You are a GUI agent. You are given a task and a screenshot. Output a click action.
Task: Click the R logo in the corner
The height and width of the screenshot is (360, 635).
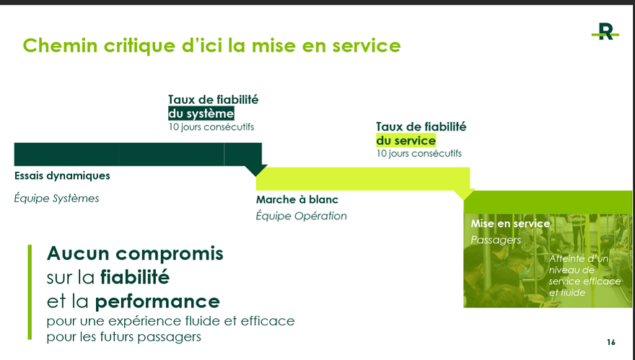coord(605,32)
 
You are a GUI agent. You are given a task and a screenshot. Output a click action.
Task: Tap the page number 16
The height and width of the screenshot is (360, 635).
coord(611,342)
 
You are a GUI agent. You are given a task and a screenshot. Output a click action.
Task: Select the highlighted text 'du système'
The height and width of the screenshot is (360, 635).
coord(201,113)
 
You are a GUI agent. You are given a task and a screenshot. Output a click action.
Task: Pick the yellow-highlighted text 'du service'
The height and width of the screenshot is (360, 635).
coord(406,141)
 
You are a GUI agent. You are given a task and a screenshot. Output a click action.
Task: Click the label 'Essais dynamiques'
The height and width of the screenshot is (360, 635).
coord(62,176)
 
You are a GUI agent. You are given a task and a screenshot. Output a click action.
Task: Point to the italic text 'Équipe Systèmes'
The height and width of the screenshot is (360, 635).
coord(57,198)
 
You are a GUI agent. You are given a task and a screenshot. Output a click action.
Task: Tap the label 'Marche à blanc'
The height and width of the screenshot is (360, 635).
coord(297,200)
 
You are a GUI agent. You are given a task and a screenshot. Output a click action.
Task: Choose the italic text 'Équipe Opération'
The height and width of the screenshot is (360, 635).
coord(302,216)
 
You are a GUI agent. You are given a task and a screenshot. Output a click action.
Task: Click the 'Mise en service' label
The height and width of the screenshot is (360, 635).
coord(510,224)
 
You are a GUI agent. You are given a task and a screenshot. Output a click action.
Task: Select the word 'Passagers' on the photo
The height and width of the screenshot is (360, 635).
coord(496,240)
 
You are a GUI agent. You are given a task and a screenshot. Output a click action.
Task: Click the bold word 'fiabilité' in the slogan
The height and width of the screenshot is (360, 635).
coord(135,277)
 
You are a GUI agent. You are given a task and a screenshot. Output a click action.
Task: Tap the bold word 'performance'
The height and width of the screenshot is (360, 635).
coord(157,302)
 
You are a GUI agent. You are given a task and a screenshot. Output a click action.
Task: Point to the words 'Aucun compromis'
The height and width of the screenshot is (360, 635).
coord(135,253)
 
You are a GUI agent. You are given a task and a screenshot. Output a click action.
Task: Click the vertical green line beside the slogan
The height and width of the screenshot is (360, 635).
coord(30,292)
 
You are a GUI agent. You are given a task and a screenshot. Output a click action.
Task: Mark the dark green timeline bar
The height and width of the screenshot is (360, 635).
coord(138,154)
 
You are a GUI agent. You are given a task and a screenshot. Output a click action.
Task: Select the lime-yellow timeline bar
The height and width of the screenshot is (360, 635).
coord(363,179)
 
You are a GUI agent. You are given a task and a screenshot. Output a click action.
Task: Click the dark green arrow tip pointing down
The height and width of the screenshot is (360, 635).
coord(256,176)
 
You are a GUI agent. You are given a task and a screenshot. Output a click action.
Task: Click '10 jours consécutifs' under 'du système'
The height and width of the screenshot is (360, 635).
coord(211,127)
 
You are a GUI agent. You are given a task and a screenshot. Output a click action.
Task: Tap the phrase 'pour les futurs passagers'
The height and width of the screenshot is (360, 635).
coord(124,337)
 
